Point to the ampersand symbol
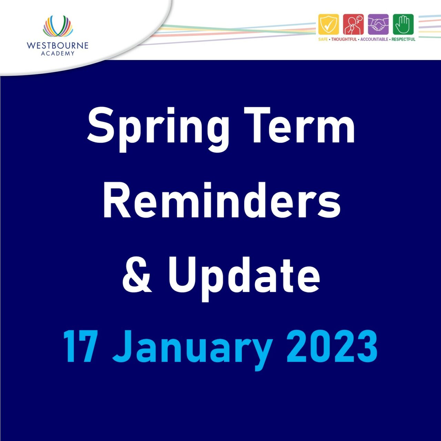(x=137, y=275)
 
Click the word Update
(x=244, y=276)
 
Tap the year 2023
(x=332, y=346)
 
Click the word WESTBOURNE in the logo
(x=58, y=45)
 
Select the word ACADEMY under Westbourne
(x=58, y=53)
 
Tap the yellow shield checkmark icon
(x=328, y=24)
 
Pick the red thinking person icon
(x=353, y=24)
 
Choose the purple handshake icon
(x=378, y=24)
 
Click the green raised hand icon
(x=403, y=24)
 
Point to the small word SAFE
(x=323, y=39)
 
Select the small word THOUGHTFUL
(x=344, y=39)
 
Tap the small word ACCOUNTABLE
(x=374, y=39)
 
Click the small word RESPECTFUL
(x=403, y=39)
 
